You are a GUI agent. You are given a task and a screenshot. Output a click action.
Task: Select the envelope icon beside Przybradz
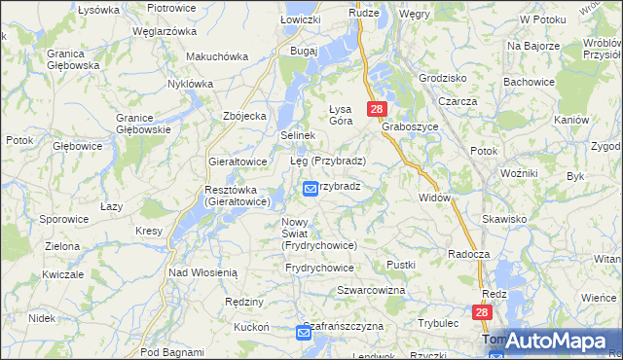point(311,189)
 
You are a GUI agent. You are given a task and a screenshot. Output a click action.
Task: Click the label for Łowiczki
point(300,18)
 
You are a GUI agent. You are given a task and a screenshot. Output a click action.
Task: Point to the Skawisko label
point(503,220)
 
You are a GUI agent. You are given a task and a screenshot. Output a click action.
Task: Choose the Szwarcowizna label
point(370,291)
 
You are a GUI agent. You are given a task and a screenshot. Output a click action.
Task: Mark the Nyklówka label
point(190,84)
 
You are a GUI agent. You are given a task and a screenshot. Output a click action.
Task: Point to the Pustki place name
point(401,265)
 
